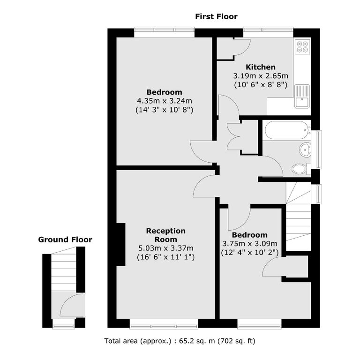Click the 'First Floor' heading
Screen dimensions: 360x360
(x=216, y=16)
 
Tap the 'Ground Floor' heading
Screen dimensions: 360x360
(x=65, y=240)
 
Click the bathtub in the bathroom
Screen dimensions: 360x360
(x=286, y=130)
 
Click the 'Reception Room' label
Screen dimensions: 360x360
(x=165, y=235)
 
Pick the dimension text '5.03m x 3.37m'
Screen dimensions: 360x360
(x=165, y=248)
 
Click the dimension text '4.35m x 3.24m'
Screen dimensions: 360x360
(x=164, y=100)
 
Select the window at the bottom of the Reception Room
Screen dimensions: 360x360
(x=164, y=323)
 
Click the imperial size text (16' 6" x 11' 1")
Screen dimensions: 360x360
(x=165, y=257)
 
